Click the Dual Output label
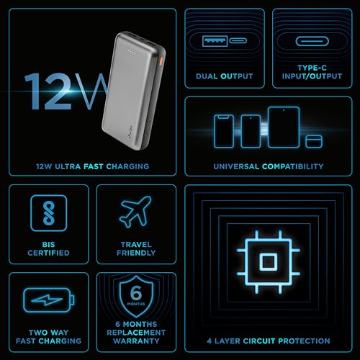225,76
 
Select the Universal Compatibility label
268,166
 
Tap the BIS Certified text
49,248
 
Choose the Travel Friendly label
136,248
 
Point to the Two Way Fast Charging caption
49,335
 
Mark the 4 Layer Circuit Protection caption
268,341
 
